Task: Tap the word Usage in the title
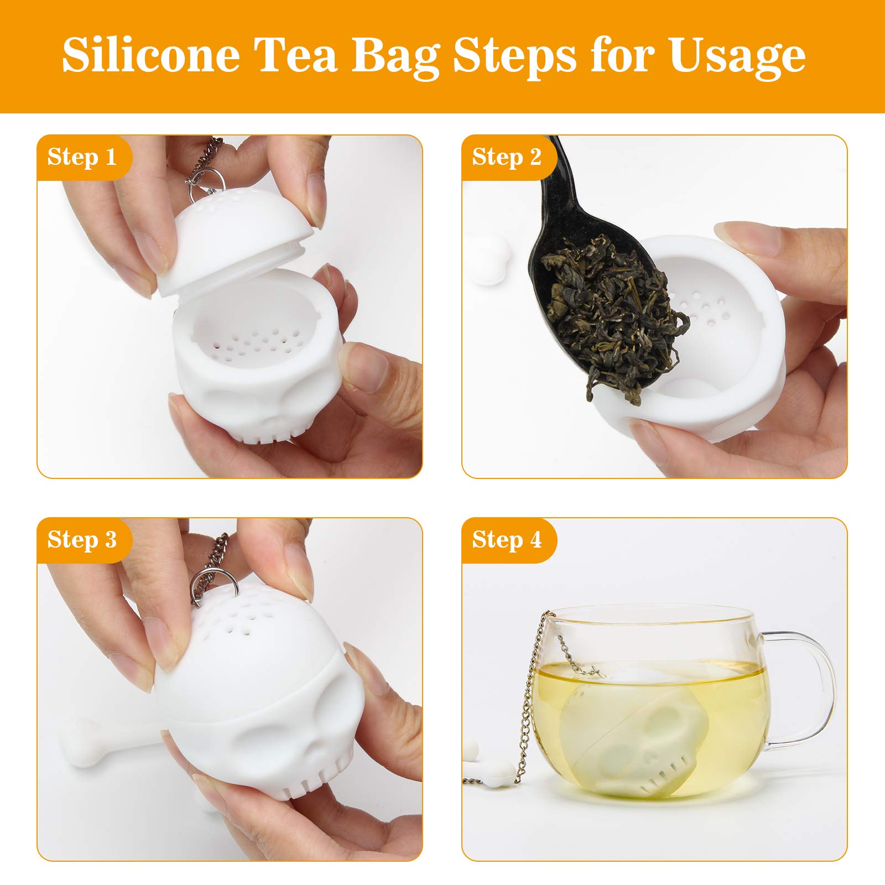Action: pos(737,55)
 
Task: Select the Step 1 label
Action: pos(82,157)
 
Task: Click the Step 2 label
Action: pos(507,157)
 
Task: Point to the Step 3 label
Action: pos(82,540)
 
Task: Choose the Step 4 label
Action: pos(507,540)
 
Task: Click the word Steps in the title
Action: pos(514,55)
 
